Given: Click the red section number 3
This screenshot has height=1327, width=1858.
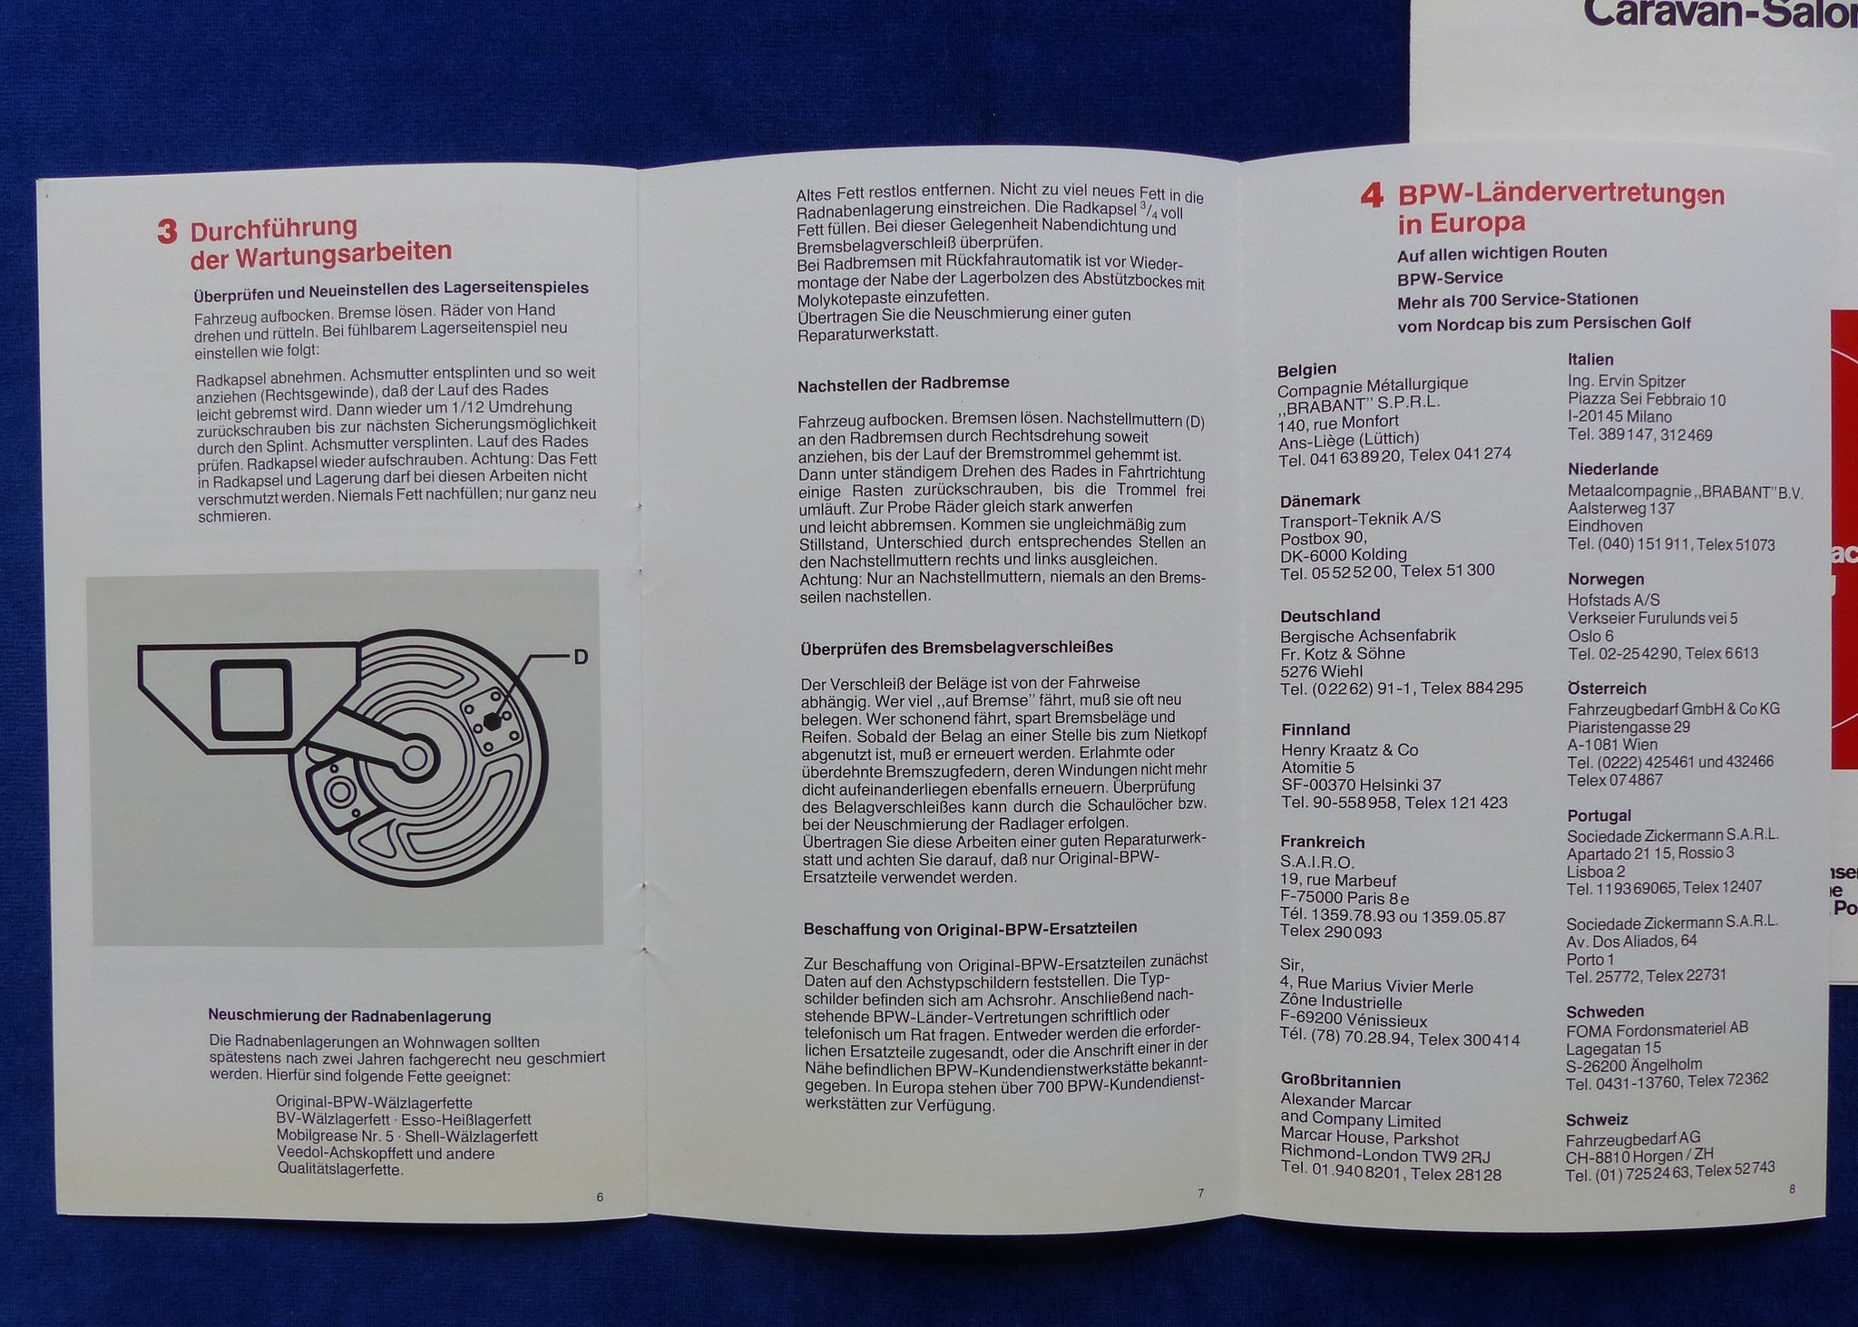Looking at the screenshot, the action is [168, 230].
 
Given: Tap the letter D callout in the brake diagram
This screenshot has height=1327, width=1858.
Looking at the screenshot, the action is [581, 657].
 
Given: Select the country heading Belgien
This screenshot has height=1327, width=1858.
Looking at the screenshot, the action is [1306, 369].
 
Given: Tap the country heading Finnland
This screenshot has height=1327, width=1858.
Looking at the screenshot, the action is [1315, 729].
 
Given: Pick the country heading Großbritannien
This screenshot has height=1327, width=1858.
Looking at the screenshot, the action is [1341, 1082].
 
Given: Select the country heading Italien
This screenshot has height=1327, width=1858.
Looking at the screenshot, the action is [1590, 359].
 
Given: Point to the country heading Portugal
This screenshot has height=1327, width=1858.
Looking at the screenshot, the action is [1599, 815].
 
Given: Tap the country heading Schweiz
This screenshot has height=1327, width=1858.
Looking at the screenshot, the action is [1597, 1120].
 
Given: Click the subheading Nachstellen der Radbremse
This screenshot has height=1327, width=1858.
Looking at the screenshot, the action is [904, 384].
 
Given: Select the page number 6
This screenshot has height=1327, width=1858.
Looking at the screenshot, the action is [600, 1197].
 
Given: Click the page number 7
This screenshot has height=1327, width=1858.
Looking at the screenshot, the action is [1201, 1194].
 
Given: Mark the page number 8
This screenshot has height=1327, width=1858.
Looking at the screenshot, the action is [1792, 1188].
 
